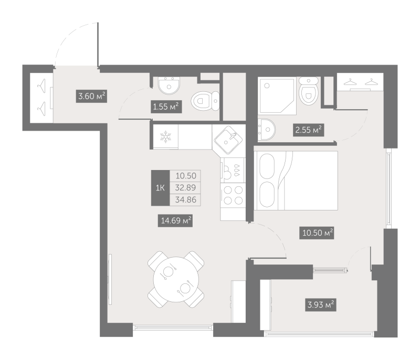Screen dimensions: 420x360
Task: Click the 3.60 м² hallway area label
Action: pyautogui.click(x=91, y=96)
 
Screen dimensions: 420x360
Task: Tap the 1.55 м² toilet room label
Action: pyautogui.click(x=166, y=107)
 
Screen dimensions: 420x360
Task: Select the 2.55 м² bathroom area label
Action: pyautogui.click(x=308, y=130)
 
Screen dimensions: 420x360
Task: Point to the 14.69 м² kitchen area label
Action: pyautogui.click(x=175, y=220)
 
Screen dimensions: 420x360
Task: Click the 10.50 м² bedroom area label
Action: pyautogui.click(x=317, y=232)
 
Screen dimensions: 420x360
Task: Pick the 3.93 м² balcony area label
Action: pyautogui.click(x=321, y=304)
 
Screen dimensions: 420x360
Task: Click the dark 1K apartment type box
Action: pyautogui.click(x=160, y=188)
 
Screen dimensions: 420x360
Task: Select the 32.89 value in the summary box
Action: pyautogui.click(x=185, y=188)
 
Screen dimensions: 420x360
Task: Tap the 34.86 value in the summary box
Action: pyautogui.click(x=186, y=199)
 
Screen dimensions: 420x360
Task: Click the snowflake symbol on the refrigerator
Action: pyautogui.click(x=165, y=137)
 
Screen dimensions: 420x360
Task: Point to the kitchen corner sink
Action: pyautogui.click(x=228, y=140)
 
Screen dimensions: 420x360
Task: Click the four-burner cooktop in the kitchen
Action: pyautogui.click(x=233, y=195)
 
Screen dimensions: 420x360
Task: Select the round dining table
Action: pyautogui.click(x=176, y=279)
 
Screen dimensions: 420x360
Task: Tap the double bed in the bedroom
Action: pyautogui.click(x=296, y=181)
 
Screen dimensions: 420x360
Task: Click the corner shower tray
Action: pyautogui.click(x=277, y=96)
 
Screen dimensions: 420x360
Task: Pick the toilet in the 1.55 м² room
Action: pyautogui.click(x=205, y=101)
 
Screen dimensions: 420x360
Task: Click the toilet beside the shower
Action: pyautogui.click(x=309, y=91)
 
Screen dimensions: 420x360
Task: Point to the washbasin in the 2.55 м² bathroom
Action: pyautogui.click(x=267, y=130)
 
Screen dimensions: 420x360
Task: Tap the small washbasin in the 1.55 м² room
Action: pyautogui.click(x=169, y=86)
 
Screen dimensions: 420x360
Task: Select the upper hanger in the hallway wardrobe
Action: pyautogui.click(x=41, y=86)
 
